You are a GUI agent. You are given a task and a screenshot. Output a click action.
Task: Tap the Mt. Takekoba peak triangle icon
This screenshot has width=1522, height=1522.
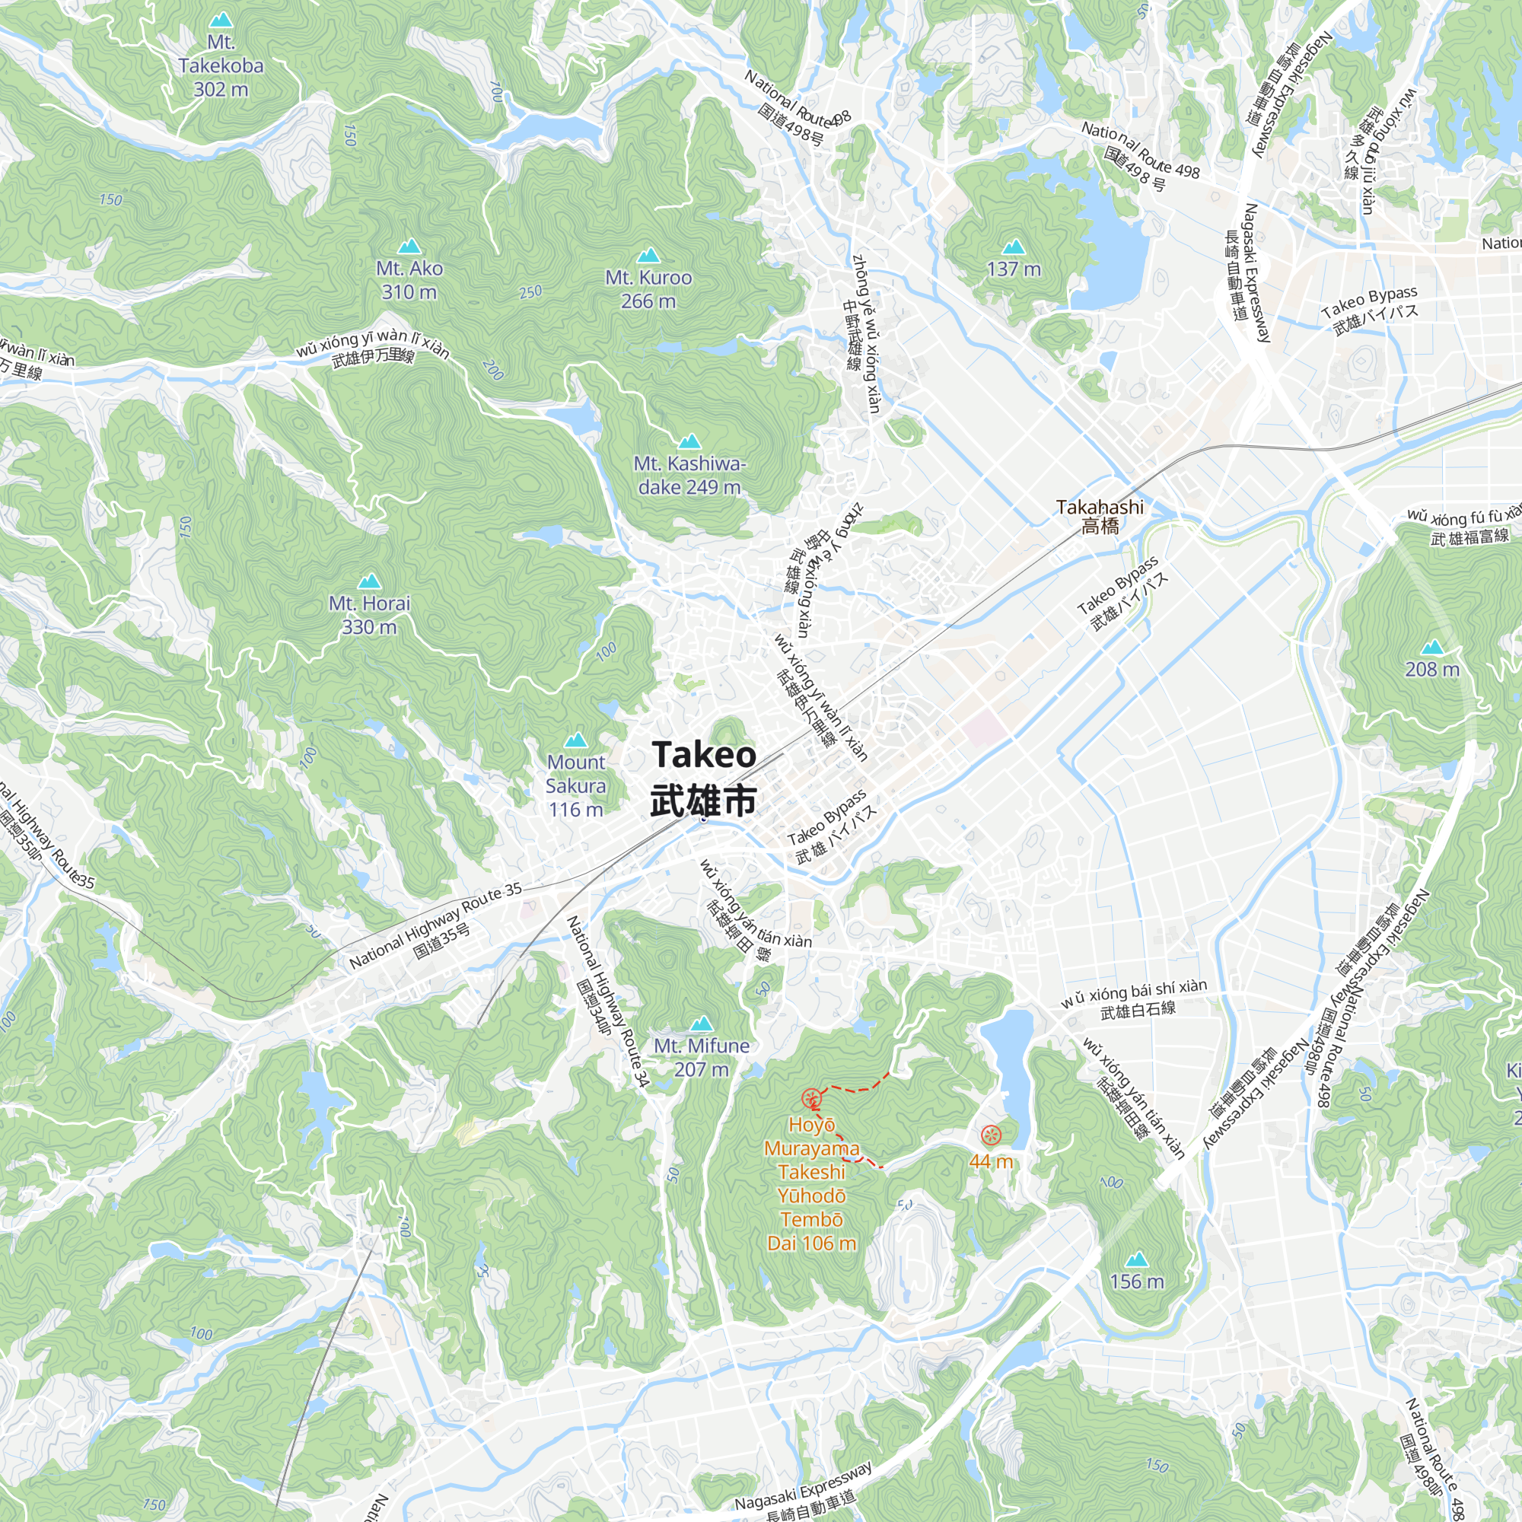pyautogui.click(x=221, y=20)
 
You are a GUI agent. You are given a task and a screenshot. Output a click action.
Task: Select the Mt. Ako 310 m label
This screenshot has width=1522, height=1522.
pyautogui.click(x=409, y=279)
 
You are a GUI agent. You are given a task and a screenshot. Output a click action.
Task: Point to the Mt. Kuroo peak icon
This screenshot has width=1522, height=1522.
pyautogui.click(x=648, y=255)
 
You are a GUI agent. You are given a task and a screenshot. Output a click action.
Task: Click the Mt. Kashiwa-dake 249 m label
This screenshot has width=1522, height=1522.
pyautogui.click(x=689, y=475)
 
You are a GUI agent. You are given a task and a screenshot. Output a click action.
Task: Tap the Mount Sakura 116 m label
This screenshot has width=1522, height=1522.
pyautogui.click(x=576, y=785)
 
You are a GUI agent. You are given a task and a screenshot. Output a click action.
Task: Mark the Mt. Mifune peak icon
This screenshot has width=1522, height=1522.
pyautogui.click(x=701, y=1024)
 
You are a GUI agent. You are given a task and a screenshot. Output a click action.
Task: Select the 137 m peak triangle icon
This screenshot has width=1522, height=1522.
pyautogui.click(x=1013, y=247)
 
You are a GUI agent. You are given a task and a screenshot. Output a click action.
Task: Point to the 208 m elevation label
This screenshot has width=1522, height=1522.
pyautogui.click(x=1431, y=670)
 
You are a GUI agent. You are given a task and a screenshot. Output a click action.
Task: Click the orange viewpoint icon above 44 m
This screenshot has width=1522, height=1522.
pyautogui.click(x=990, y=1135)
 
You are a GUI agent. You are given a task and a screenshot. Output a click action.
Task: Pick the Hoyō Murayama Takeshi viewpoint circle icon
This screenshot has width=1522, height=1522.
pyautogui.click(x=810, y=1099)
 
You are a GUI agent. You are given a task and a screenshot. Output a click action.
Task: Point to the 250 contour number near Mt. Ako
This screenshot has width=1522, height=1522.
pyautogui.click(x=531, y=291)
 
